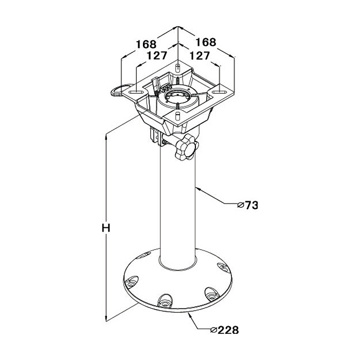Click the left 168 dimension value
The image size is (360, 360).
pyautogui.click(x=146, y=44)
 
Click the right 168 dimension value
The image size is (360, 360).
pyautogui.click(x=206, y=42)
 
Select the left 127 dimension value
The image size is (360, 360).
pyautogui.click(x=157, y=56)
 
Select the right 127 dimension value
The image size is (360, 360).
pyautogui.click(x=200, y=56)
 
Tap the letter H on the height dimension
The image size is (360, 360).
pyautogui.click(x=106, y=228)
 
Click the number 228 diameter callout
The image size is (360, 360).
pyautogui.click(x=228, y=330)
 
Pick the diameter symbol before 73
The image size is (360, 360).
pyautogui.click(x=241, y=205)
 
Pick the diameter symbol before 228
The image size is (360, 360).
pyautogui.click(x=213, y=330)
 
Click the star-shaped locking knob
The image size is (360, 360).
pyautogui.click(x=186, y=147)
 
